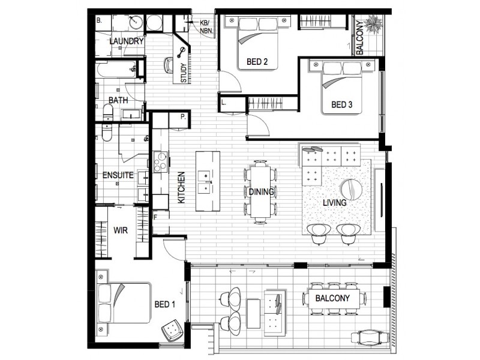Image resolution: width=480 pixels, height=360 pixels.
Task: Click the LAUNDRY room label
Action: click(127, 41)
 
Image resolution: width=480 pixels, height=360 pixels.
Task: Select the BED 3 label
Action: click(341, 105)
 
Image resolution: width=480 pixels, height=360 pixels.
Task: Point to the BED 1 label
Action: click(165, 304)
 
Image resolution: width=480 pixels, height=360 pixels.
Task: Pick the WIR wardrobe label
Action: click(119, 229)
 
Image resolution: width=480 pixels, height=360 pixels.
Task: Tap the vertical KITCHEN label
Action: click(181, 187)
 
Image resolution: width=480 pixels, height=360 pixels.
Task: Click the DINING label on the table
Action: click(261, 193)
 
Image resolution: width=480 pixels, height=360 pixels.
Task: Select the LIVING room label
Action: click(334, 203)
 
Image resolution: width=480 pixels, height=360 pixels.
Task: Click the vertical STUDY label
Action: click(184, 72)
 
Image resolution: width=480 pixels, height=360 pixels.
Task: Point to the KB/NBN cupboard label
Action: click(204, 26)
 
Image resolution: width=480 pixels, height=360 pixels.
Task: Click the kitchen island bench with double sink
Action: click(208, 181)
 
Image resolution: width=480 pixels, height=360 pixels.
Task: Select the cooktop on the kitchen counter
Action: click(160, 162)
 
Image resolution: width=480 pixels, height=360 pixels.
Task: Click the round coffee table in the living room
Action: click(353, 189)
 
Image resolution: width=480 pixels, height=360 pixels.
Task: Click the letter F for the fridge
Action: click(155, 217)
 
